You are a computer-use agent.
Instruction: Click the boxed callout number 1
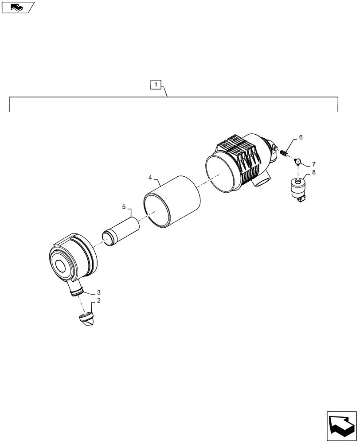pos(157,84)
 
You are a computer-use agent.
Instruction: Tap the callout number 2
pos(98,300)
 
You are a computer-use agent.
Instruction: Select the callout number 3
pos(98,292)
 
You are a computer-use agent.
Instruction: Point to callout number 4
pos(150,178)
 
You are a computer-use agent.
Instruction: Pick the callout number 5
pos(124,206)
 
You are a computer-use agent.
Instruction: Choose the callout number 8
pos(314,173)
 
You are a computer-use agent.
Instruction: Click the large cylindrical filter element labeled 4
pos(172,203)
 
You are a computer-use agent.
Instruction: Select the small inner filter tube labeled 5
pos(121,229)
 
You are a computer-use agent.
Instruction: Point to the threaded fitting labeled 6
pos(284,154)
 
